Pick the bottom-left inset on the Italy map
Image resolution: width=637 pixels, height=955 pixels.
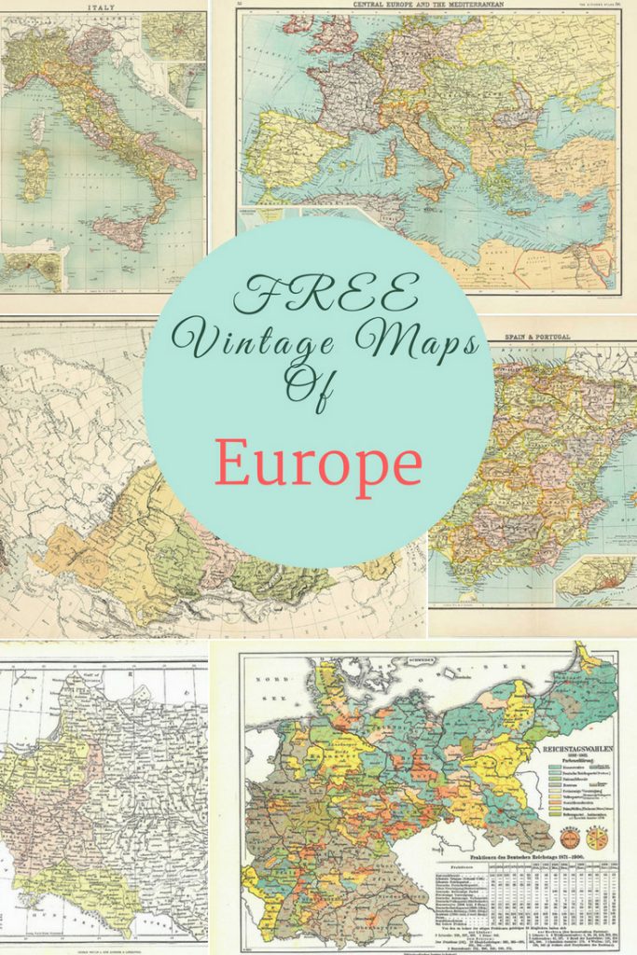click(31, 271)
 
